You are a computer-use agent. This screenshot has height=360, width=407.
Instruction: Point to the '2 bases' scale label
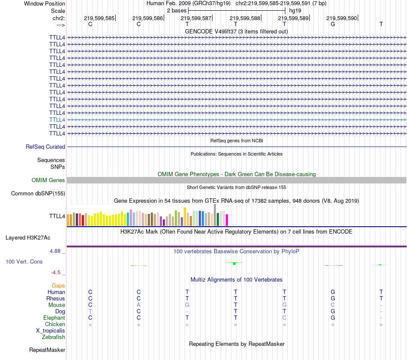tap(177, 10)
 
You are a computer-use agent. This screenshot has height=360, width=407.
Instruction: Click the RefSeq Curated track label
tap(45, 147)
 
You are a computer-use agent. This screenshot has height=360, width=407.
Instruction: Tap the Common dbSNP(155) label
tap(38, 193)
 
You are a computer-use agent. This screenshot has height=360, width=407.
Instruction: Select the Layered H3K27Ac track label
tap(28, 237)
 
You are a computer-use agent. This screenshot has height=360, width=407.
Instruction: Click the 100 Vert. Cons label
tap(24, 261)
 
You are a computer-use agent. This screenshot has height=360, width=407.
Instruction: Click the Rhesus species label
tap(56, 298)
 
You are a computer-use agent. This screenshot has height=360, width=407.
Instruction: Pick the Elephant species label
tap(54, 318)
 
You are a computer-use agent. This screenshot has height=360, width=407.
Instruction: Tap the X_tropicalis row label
tap(51, 331)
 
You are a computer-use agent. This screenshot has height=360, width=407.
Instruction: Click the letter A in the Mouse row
tap(138, 305)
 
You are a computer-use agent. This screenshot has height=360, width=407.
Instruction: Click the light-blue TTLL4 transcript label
tap(57, 120)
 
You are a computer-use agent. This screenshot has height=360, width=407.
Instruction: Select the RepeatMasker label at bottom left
tap(47, 350)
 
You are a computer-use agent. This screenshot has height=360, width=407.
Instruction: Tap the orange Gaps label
tap(58, 285)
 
